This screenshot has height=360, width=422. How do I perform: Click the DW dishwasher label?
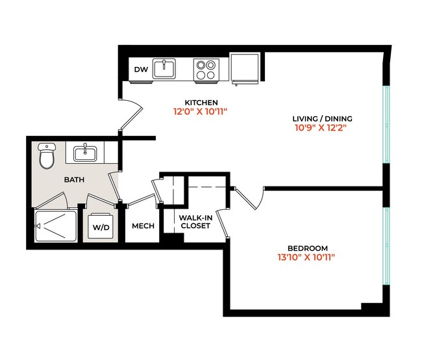click(x=140, y=69)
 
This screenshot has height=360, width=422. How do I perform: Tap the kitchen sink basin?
click(x=164, y=68)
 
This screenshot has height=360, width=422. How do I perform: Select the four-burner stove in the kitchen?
click(x=206, y=70)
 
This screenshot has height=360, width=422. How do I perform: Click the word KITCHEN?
click(x=201, y=103)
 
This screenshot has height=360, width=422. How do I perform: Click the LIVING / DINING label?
click(x=322, y=119)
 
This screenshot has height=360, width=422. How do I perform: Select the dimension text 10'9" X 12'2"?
click(x=322, y=128)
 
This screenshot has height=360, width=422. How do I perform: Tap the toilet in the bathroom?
click(x=47, y=155)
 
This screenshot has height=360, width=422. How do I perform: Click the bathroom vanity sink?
click(x=85, y=153)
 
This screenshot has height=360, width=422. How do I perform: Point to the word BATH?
click(x=73, y=179)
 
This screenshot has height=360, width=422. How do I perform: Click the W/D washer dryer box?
click(x=101, y=227)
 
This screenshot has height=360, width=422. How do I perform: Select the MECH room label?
click(x=142, y=226)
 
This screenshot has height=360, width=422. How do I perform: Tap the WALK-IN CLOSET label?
click(x=195, y=222)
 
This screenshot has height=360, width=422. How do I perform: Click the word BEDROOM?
click(x=308, y=248)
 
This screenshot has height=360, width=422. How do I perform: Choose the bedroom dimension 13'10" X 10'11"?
click(x=308, y=257)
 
